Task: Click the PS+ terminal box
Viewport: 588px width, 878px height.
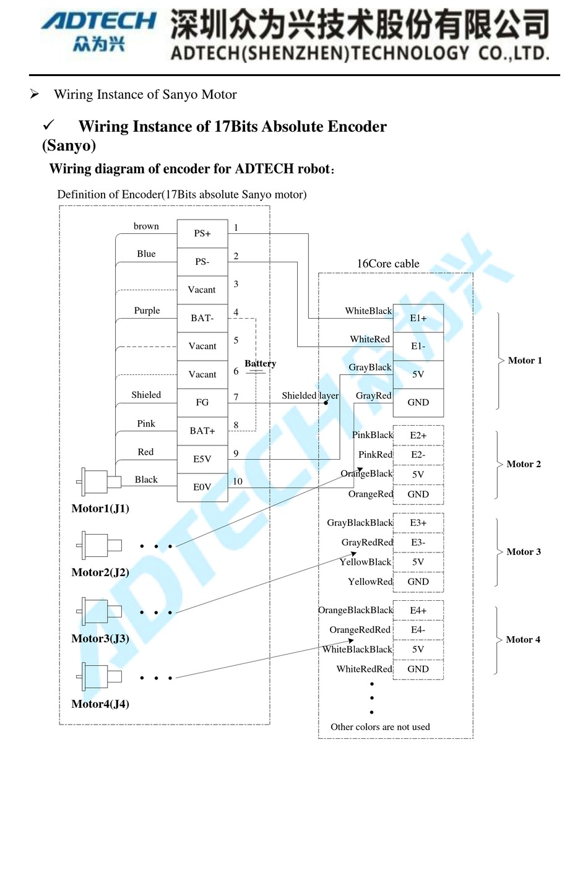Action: coord(202,233)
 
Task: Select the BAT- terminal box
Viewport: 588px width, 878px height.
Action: coord(202,318)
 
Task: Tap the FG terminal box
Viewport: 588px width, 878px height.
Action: coord(202,402)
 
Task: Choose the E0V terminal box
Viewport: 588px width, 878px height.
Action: coord(202,487)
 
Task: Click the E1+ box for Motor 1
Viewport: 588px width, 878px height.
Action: coord(418,318)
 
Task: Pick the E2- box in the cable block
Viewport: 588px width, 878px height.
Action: coord(418,455)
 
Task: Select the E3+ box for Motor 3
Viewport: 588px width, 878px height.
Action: coord(418,523)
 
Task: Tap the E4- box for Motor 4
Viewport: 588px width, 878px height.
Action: coord(418,630)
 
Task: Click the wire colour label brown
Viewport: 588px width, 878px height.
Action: coord(146,226)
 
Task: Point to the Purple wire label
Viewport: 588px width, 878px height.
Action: coord(147,311)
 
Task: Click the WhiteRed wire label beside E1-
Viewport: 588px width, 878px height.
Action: coord(370,339)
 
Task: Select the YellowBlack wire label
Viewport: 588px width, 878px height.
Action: coord(365,562)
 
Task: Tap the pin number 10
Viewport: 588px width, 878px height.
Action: coord(238,481)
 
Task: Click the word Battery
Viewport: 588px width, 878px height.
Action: coord(260,363)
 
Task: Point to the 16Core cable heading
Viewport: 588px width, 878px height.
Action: coord(388,264)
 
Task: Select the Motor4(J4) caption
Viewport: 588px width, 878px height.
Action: coord(100,704)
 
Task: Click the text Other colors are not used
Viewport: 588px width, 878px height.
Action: coord(380,727)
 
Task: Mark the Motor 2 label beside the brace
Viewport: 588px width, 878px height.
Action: coord(524,464)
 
